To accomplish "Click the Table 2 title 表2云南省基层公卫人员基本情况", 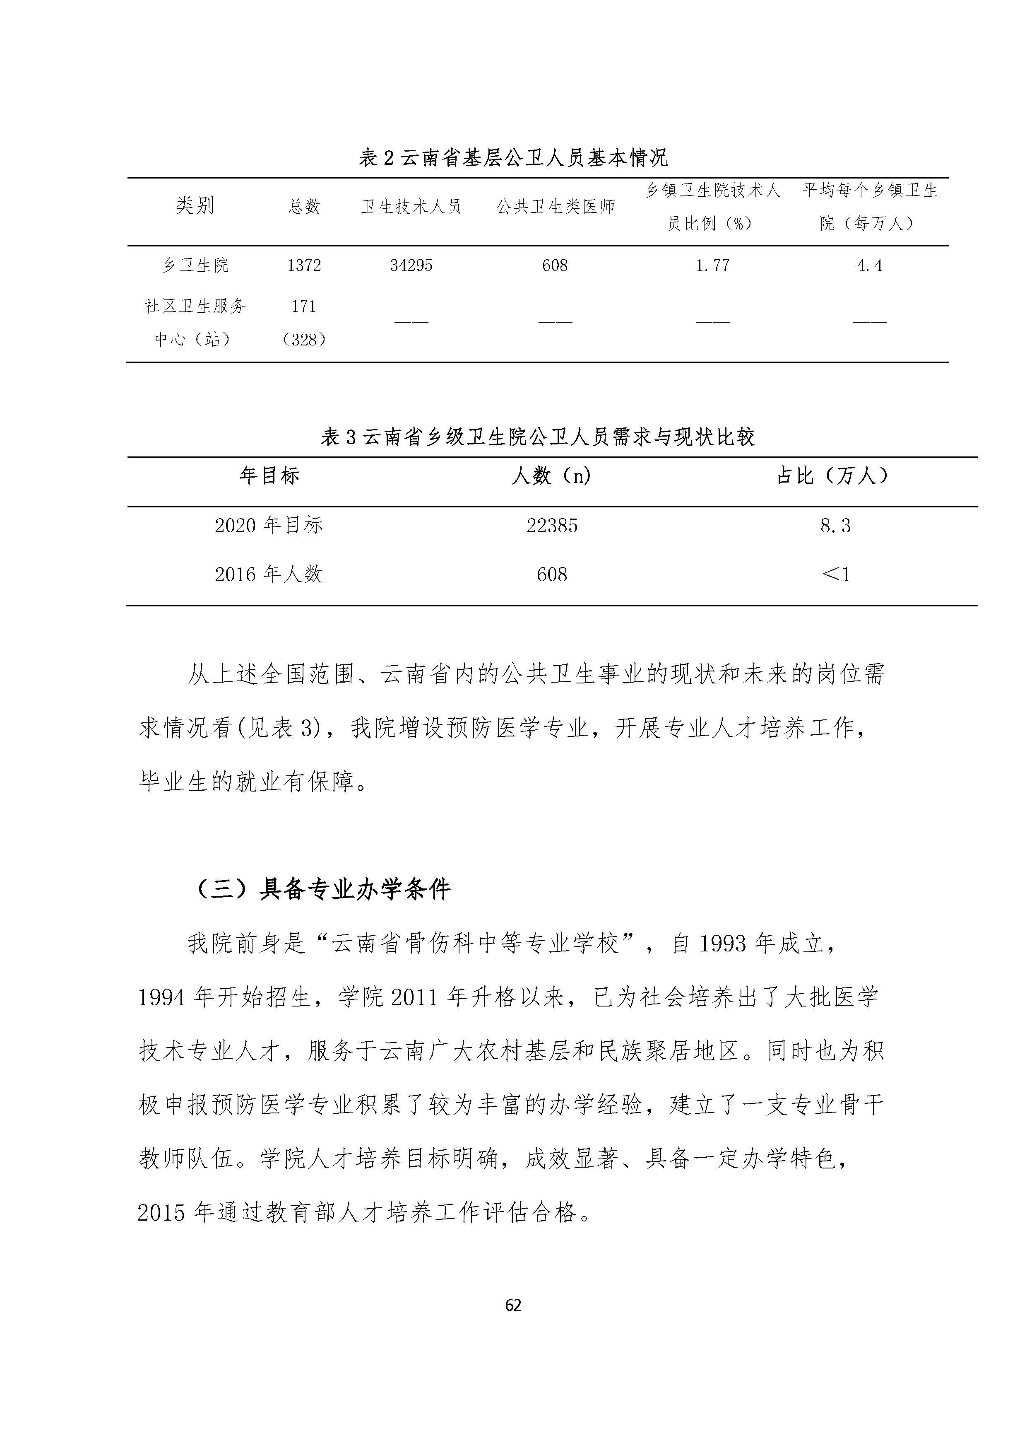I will click(513, 157).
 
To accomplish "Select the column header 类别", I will click(195, 206).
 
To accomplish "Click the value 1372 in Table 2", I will click(304, 265).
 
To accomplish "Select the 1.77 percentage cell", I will click(713, 265).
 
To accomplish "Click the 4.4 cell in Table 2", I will click(870, 265).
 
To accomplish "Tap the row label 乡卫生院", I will click(195, 265).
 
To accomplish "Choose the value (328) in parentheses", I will click(304, 340).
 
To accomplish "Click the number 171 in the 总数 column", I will click(304, 306).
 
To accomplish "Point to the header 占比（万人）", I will click(834, 476).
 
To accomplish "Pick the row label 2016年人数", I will click(269, 574).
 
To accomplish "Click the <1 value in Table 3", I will click(835, 574).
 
